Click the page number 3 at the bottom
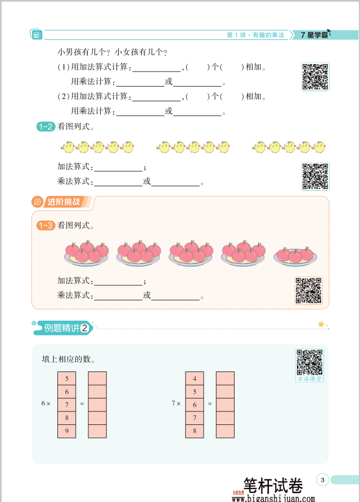coord(322,480)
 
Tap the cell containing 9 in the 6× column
coord(66,432)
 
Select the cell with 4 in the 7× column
coord(195,378)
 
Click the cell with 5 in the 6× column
coord(66,378)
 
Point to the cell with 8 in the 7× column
coord(195,432)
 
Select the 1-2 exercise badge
coord(45,127)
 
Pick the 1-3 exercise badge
coord(45,226)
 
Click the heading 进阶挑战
coord(63,201)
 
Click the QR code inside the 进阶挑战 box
coord(308,291)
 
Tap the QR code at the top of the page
coord(315,77)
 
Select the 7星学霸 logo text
coord(314,35)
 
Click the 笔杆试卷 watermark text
coord(273,485)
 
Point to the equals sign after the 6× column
coord(82,404)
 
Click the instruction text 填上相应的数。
coord(68,359)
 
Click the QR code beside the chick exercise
coord(315,176)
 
